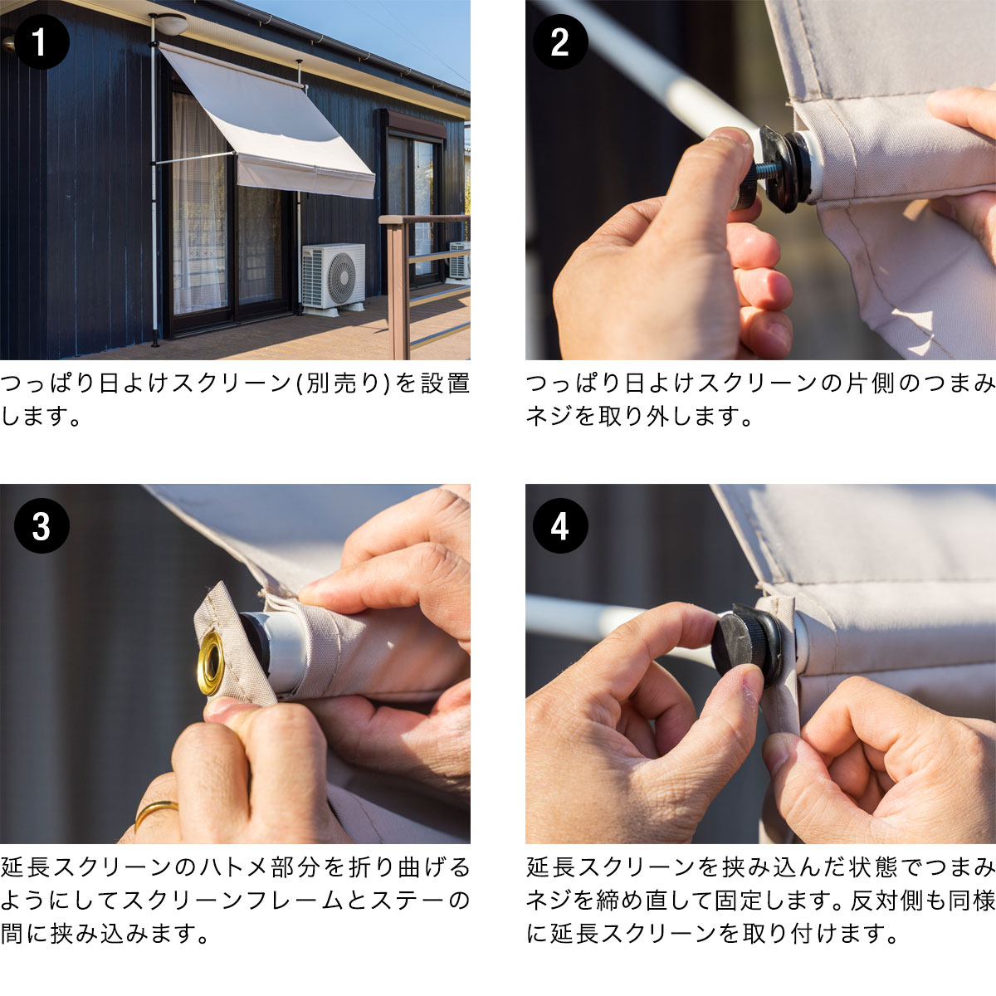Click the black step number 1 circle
[41, 41]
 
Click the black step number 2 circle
[560, 41]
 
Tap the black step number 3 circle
[41, 525]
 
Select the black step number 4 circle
[560, 525]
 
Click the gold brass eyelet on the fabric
[210, 663]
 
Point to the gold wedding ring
[155, 813]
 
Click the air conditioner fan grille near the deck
[342, 278]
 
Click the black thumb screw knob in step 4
[743, 646]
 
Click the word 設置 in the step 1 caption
[445, 383]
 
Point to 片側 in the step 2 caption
[869, 383]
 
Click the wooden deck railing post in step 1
[398, 287]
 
